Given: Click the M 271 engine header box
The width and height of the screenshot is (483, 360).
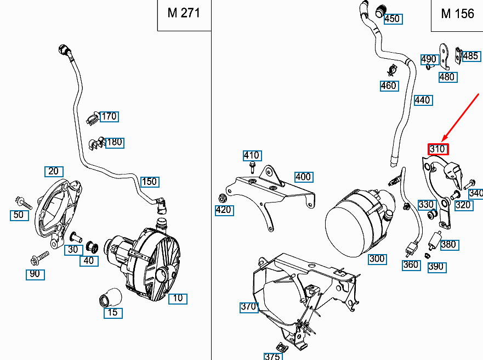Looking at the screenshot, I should click(x=183, y=14).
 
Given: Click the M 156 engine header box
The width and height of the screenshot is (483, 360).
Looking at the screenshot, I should click(x=457, y=14).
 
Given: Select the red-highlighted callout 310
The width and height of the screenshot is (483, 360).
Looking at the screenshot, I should click(x=438, y=149).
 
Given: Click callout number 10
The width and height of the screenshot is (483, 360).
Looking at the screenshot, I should click(x=178, y=299).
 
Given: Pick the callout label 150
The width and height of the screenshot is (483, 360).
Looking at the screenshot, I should click(x=149, y=181).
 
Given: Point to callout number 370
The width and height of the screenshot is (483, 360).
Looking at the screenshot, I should click(x=248, y=307).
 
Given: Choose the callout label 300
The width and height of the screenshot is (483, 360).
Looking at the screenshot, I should click(x=377, y=259).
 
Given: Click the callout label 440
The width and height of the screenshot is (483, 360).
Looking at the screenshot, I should click(x=422, y=100).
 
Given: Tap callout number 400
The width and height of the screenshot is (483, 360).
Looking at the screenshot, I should click(x=303, y=177).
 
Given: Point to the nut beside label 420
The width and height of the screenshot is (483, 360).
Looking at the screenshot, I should click(x=223, y=198).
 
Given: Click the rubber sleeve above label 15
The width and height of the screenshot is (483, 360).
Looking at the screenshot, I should click(x=110, y=296).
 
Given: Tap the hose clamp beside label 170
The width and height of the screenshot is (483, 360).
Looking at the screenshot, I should click(x=92, y=117).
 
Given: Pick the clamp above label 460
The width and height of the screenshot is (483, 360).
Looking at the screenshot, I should click(x=391, y=71).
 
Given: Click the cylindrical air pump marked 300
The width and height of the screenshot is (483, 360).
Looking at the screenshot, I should click(x=354, y=222).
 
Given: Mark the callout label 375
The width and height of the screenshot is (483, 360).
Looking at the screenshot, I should click(x=272, y=356).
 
